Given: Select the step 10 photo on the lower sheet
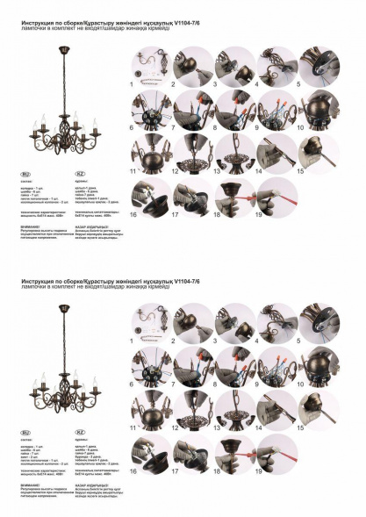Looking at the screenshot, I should pyautogui.click(x=318, y=368).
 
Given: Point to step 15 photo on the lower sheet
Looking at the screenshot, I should pyautogui.click(x=318, y=410).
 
